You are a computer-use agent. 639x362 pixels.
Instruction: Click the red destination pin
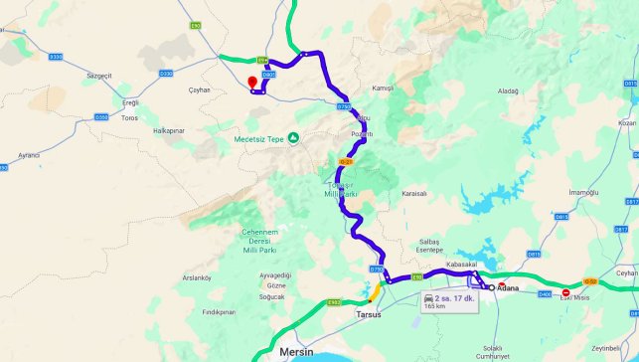pos(253,81)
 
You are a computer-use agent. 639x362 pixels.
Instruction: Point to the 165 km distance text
pos(434,306)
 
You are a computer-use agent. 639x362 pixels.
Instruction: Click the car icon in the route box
pos(428,297)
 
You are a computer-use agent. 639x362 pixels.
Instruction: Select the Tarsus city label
pos(368,314)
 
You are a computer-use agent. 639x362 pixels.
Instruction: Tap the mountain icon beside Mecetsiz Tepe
pos(294,138)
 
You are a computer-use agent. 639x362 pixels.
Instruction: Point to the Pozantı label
pos(363,133)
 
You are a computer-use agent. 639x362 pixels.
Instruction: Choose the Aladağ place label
pos(508,90)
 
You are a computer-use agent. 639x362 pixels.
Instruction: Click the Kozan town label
pos(625,122)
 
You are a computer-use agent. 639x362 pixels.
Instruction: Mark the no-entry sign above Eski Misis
pos(566,292)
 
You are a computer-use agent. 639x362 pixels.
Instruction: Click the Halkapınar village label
pos(169,130)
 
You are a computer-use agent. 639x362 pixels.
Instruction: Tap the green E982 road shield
pos(334,301)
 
